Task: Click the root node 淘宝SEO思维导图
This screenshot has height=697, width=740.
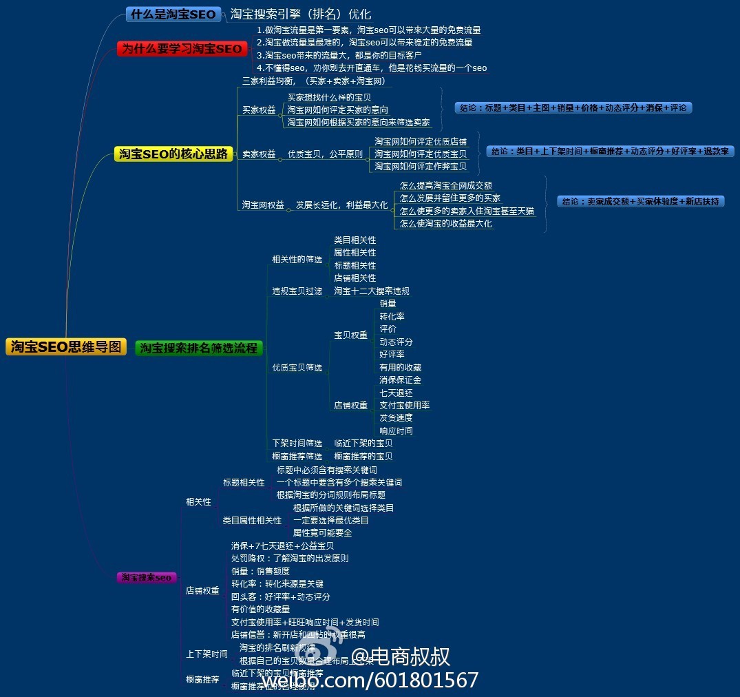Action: coord(66,347)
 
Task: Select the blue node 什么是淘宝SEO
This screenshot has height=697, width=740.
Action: coord(173,14)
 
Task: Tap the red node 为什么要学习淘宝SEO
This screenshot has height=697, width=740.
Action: coord(182,49)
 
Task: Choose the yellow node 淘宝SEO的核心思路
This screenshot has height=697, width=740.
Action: coord(173,154)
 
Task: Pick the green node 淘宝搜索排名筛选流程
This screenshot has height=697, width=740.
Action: coord(199,348)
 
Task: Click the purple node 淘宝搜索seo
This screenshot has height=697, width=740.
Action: coord(146,577)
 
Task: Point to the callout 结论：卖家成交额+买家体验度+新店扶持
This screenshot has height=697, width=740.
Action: coord(640,202)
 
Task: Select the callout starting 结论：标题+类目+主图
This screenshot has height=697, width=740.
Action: coord(573,108)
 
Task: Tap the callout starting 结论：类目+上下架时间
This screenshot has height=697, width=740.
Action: coord(610,152)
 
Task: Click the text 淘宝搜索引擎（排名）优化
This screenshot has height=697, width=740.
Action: coord(300,14)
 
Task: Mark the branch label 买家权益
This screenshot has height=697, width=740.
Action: coord(259,110)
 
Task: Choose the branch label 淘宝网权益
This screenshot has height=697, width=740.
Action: coord(263,205)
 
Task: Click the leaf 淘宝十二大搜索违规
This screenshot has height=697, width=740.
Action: coord(372,291)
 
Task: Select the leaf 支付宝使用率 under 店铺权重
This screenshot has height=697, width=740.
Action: coord(404,406)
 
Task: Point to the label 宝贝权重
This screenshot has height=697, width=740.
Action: coord(350,335)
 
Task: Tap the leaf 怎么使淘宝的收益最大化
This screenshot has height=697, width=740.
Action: coord(446,224)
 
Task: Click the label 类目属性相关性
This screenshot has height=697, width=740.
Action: coord(252,521)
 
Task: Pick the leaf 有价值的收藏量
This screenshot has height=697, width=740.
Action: coord(260,610)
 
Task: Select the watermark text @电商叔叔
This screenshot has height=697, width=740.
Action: coord(401,656)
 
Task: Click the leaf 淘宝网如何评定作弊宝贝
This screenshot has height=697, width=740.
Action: coord(420,167)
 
